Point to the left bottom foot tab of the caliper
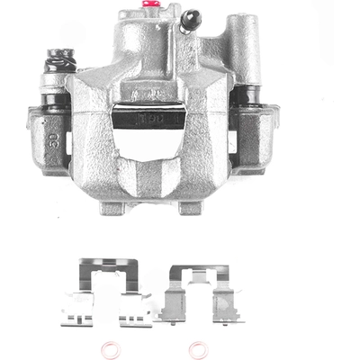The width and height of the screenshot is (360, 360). click(x=112, y=208)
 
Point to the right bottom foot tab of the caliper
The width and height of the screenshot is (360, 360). click(x=190, y=208)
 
